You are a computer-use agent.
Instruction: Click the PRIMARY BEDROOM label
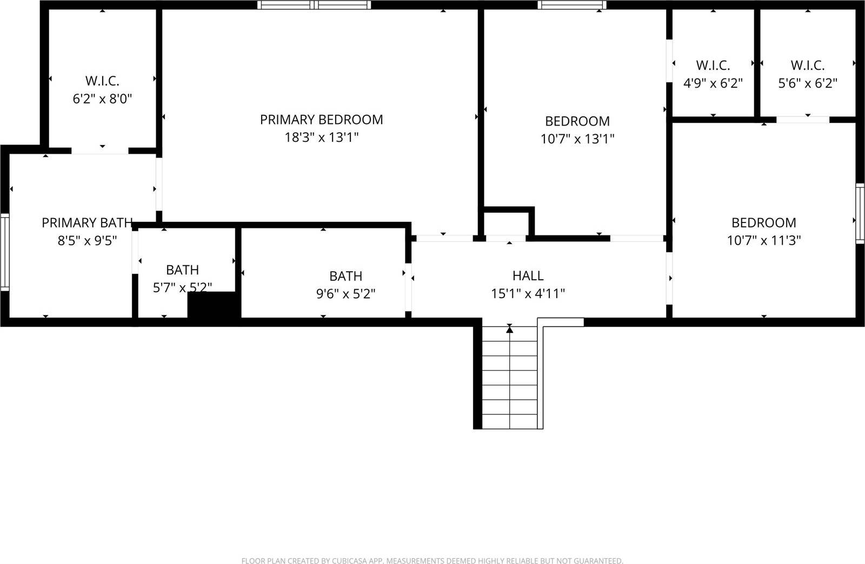pos(321,120)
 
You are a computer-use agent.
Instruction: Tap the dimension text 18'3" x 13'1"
pos(321,137)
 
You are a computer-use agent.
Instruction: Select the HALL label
pos(528,276)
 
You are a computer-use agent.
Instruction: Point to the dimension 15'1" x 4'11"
pos(528,293)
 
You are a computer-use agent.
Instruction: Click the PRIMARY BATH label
pos(86,222)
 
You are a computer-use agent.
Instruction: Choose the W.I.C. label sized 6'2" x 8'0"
pos(102,81)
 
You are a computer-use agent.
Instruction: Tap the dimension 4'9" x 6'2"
pos(713,83)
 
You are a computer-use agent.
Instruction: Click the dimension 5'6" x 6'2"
pos(807,83)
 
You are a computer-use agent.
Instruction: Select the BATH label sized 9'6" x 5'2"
pos(345,276)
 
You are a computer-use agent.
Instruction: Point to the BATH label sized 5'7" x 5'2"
pos(182,270)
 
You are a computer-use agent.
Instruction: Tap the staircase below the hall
pos(509,379)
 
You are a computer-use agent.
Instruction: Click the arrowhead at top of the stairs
pos(509,329)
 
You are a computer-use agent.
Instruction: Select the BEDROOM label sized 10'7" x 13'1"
pos(577,121)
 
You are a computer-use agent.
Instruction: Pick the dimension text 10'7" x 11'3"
pos(763,240)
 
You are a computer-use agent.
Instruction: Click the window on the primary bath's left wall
pos(4,252)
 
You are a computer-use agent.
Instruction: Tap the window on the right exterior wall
pos(860,213)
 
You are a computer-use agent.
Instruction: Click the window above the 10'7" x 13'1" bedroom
pos(571,5)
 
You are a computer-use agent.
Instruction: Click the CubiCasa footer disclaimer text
pos(432,561)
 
